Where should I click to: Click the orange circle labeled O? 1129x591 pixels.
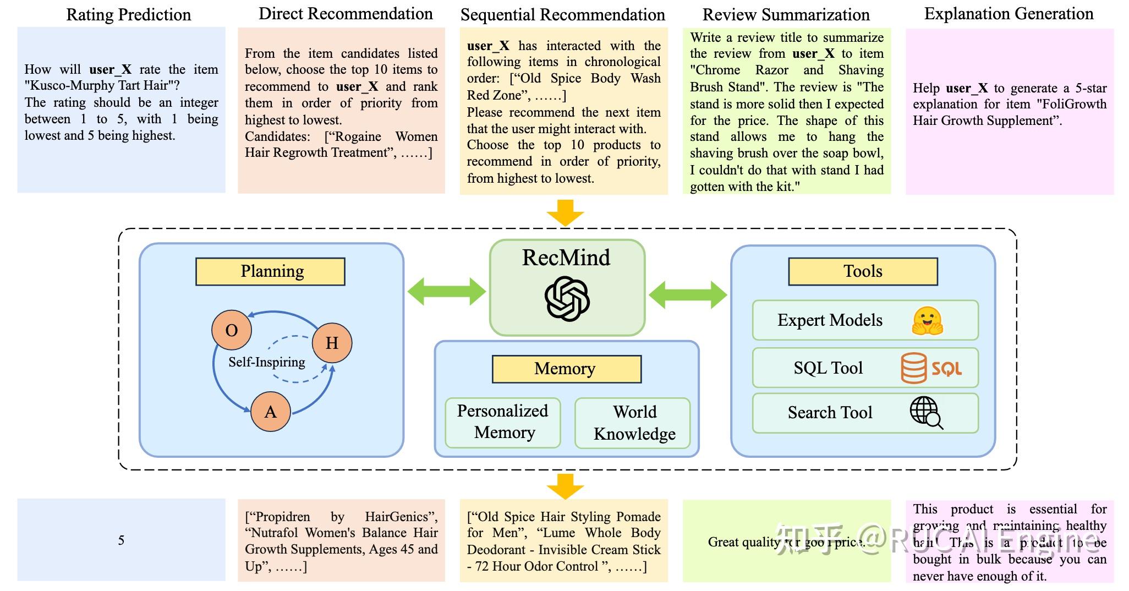pyautogui.click(x=232, y=330)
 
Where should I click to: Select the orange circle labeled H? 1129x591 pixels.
pyautogui.click(x=332, y=343)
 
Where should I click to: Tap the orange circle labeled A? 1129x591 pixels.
pyautogui.click(x=270, y=412)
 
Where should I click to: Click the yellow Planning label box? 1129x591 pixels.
pyautogui.click(x=270, y=271)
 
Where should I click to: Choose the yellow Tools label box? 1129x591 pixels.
pyautogui.click(x=862, y=271)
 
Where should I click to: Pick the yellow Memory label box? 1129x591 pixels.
pyautogui.click(x=566, y=369)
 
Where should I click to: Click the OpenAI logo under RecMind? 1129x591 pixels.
pyautogui.click(x=567, y=299)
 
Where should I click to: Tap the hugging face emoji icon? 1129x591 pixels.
pyautogui.click(x=927, y=320)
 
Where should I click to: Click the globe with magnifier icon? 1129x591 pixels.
pyautogui.click(x=926, y=412)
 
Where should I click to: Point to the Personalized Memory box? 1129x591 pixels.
pyautogui.click(x=503, y=422)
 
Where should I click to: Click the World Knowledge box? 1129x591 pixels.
pyautogui.click(x=633, y=423)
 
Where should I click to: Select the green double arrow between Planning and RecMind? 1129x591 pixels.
pyautogui.click(x=446, y=292)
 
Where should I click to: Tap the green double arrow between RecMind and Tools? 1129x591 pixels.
pyautogui.click(x=688, y=295)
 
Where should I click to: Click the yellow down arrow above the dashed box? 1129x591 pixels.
pyautogui.click(x=565, y=212)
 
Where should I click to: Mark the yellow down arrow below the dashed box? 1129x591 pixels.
pyautogui.click(x=565, y=486)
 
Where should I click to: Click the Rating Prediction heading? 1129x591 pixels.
pyautogui.click(x=128, y=15)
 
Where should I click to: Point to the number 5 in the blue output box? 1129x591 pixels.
pyautogui.click(x=121, y=540)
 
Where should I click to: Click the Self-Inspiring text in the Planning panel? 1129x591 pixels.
pyautogui.click(x=267, y=362)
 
